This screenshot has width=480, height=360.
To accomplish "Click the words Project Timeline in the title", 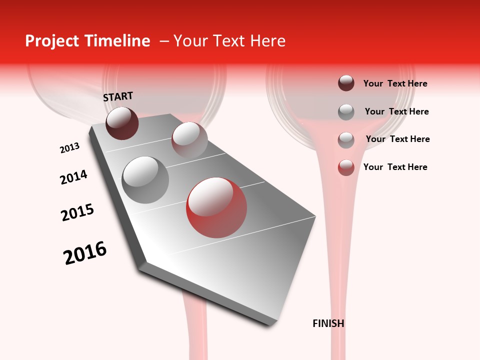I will point(87,41).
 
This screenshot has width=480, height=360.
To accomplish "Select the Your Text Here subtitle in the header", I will point(229,41).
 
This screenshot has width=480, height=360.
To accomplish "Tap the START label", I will point(118,96).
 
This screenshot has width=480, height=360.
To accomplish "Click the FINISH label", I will point(328,323).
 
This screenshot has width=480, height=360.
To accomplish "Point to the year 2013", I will point(69,148).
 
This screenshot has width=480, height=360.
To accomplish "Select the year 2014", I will point(73,177).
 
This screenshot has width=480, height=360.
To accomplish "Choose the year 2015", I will point(77,212).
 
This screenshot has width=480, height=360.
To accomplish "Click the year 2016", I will point(85,253).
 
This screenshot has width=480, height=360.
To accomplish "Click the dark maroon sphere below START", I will point(122,123).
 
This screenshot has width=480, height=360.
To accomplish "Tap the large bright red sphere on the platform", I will point(216,207).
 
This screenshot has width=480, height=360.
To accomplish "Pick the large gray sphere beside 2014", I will point(145,180).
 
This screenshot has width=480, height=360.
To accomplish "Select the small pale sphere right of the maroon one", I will point(189,139).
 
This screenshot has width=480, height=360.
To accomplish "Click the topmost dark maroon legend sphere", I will point(346,83).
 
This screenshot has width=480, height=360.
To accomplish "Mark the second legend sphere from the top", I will point(346,112).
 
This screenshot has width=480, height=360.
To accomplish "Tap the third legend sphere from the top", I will point(346,140).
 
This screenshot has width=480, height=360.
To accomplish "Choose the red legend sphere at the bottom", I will point(346,167).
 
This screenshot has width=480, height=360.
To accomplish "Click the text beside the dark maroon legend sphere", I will point(395,83).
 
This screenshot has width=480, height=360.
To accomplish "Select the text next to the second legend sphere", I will point(396,111).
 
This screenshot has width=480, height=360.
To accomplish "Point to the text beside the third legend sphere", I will point(397,139).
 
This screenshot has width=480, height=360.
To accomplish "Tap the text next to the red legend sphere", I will point(395,167).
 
